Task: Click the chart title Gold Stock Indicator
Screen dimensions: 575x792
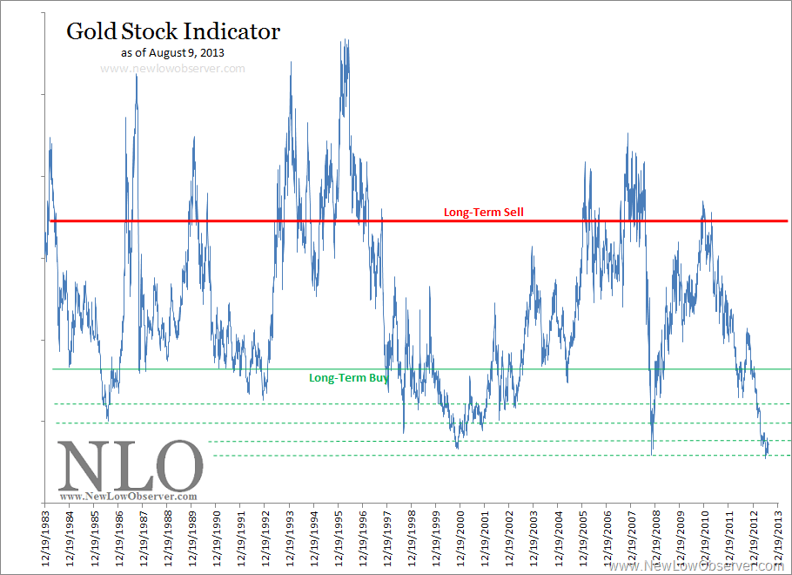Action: pyautogui.click(x=173, y=32)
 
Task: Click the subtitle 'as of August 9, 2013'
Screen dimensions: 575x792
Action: pyautogui.click(x=173, y=52)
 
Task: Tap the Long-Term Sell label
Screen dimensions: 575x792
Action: pyautogui.click(x=483, y=212)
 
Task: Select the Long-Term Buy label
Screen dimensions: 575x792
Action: pyautogui.click(x=349, y=378)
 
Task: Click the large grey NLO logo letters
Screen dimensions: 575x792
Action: pyautogui.click(x=130, y=466)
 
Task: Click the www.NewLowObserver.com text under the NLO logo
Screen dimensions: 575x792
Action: pyautogui.click(x=128, y=497)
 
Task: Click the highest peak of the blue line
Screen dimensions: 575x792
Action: pyautogui.click(x=346, y=40)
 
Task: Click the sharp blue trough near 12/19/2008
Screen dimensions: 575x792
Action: pyautogui.click(x=652, y=452)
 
